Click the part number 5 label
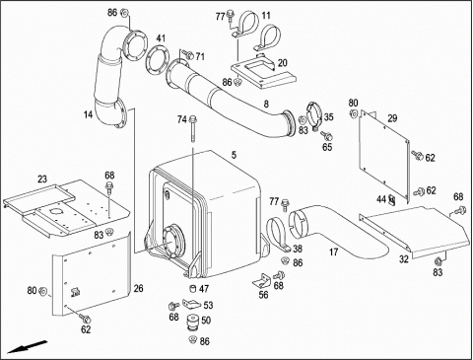coord(234,155)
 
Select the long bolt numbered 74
coord(192,129)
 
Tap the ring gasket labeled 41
coord(157,60)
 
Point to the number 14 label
coord(88,114)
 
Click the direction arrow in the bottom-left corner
coord(28,347)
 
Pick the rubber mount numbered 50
coord(192,323)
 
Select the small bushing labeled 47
coord(193,288)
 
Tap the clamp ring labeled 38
coord(279,235)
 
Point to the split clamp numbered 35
coord(314,116)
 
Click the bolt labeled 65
coord(327,135)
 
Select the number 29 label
coord(392,118)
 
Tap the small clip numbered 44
coord(391,199)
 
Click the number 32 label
coord(404,259)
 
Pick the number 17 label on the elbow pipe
coord(334,252)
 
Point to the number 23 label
coord(42,180)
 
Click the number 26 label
coord(138,288)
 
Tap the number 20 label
coord(283,63)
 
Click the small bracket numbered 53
coord(190,304)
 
